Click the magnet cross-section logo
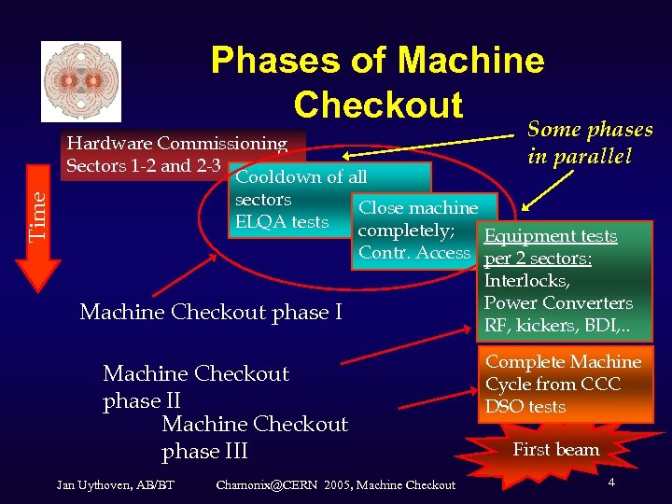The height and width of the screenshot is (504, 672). tap(81, 81)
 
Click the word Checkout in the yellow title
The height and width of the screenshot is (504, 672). tap(377, 105)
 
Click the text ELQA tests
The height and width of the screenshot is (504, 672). tap(282, 222)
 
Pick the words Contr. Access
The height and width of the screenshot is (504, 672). tap(414, 253)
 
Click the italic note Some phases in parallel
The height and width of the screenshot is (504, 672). tap(590, 142)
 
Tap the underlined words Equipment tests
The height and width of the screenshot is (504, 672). tap(550, 236)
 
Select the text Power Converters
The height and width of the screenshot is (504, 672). tap(558, 303)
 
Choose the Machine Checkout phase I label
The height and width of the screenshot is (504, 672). tap(211, 312)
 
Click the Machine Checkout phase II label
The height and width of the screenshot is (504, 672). tap(196, 387)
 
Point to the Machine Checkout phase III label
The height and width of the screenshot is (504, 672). tap(254, 438)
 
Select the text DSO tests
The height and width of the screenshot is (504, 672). tap(525, 407)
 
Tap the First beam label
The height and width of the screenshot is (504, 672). tap(556, 450)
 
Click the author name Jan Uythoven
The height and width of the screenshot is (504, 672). tap(104, 484)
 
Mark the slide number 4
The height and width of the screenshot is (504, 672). tap(610, 483)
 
